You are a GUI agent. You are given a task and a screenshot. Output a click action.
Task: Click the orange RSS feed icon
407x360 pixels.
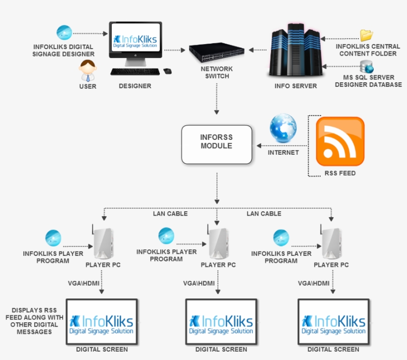click(x=340, y=141)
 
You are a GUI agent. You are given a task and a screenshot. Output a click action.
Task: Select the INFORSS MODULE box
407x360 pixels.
click(x=216, y=144)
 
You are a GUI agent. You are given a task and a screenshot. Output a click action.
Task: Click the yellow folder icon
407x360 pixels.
click(x=366, y=35)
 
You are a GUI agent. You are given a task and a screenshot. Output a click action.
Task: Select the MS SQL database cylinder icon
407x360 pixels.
click(x=367, y=66)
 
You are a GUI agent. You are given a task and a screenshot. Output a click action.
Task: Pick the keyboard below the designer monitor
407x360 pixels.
click(x=135, y=72)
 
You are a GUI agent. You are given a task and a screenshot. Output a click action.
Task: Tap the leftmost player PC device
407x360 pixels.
click(x=103, y=243)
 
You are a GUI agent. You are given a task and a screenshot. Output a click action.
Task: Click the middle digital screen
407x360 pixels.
click(x=221, y=321)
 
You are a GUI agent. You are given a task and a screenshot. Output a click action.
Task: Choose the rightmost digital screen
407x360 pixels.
click(x=333, y=321)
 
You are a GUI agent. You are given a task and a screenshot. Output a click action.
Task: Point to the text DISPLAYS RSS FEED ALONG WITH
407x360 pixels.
click(x=34, y=314)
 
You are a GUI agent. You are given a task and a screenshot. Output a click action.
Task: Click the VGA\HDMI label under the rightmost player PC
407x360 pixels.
click(x=314, y=283)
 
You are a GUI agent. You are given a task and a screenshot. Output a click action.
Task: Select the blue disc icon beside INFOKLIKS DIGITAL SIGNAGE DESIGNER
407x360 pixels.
click(x=64, y=33)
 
